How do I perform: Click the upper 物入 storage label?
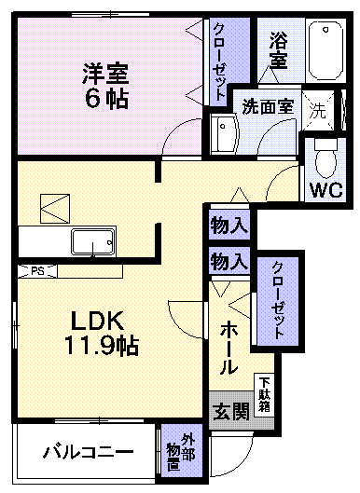228,225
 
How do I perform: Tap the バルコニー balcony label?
86,454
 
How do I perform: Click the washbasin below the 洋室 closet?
225,135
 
